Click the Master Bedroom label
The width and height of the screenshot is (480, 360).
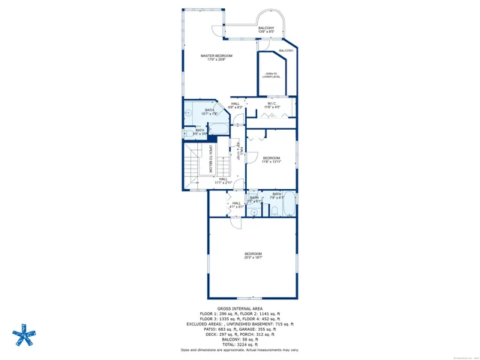(217, 58)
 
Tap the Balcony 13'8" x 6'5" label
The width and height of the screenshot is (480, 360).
(266, 30)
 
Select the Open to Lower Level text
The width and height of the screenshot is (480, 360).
(270, 75)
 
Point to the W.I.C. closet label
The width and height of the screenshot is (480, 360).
(271, 106)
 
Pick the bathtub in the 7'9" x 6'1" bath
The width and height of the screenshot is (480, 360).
(288, 203)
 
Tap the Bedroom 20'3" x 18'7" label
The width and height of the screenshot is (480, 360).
(253, 256)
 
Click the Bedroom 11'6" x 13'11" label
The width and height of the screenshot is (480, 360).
(271, 160)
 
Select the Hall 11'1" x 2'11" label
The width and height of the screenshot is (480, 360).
(223, 181)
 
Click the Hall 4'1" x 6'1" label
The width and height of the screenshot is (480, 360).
(236, 204)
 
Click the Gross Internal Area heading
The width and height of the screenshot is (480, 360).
(239, 308)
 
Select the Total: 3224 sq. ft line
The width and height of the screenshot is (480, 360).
(239, 344)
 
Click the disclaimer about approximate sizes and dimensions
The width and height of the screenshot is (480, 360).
(239, 349)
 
